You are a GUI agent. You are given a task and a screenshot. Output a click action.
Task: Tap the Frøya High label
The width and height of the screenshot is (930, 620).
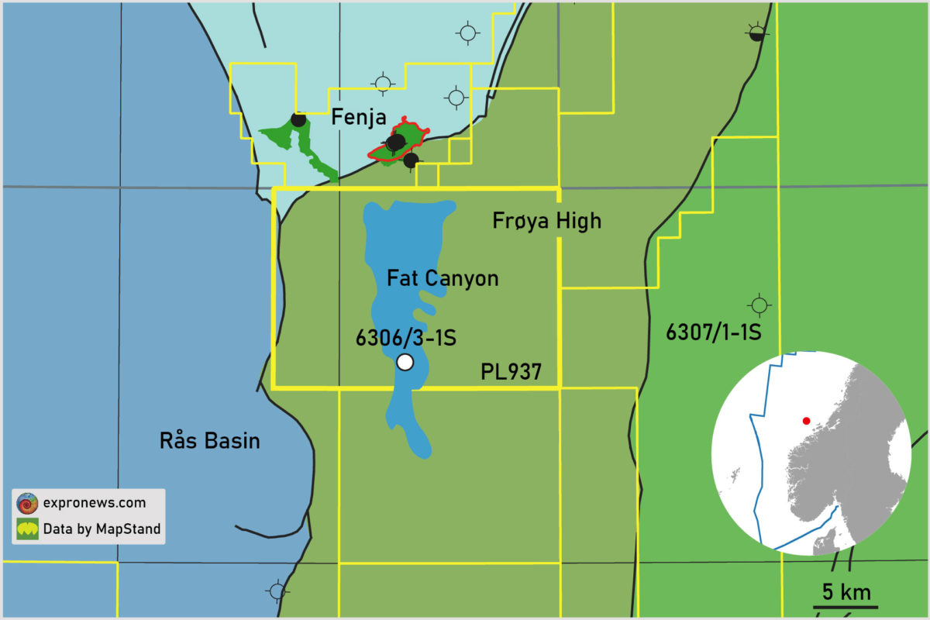pos(546,221)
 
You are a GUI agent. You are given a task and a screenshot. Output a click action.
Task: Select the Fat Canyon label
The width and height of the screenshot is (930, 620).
pos(443,278)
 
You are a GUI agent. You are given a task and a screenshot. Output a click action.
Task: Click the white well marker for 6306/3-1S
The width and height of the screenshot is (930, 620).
pos(405,362)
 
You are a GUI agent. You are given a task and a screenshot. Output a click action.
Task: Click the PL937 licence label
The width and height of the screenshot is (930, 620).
pos(511,373)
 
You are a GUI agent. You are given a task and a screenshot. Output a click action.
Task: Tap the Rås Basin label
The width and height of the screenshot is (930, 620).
pos(209,441)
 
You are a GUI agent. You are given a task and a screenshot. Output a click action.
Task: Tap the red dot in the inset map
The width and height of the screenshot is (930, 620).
pos(806,421)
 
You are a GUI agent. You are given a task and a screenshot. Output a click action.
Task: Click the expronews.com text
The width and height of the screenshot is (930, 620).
pos(94,503)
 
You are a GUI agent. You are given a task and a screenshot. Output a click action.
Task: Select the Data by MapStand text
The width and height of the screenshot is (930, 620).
pos(102,529)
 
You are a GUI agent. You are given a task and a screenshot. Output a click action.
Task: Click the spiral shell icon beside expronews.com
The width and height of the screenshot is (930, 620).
pos(28,503)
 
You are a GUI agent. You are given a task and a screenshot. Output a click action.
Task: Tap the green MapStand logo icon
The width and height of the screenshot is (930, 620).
pos(28,529)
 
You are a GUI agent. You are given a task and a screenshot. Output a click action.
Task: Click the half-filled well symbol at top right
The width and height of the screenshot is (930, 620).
pos(757,32)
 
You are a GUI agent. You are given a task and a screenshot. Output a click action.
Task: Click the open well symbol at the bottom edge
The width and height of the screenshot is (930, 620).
pos(277,591)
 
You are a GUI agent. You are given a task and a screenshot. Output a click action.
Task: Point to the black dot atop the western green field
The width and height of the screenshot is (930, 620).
pos(298,119)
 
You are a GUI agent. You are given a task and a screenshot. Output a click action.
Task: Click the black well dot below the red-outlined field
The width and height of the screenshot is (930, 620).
pos(412,160)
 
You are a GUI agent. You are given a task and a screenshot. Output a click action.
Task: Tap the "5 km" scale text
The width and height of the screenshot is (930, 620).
pos(846,593)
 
